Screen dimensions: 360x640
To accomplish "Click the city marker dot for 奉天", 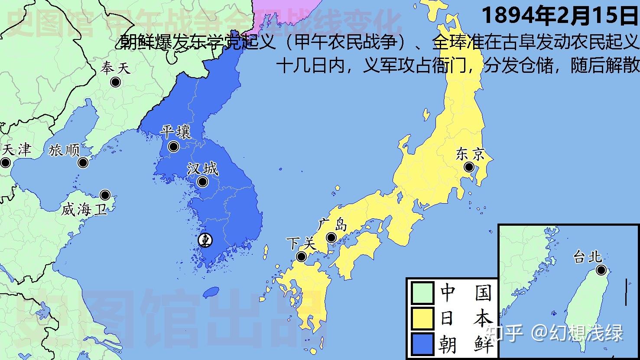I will (x=115, y=82).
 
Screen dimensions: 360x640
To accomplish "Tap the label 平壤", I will (x=175, y=132).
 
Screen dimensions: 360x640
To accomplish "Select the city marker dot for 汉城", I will (x=202, y=182).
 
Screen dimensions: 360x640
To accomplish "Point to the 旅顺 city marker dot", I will (x=83, y=163).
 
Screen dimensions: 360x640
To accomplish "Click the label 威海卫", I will (x=83, y=210).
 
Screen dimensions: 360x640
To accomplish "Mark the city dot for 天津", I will (x=5, y=163).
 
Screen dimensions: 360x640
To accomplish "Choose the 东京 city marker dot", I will (x=468, y=167).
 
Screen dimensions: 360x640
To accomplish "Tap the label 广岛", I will (x=332, y=225).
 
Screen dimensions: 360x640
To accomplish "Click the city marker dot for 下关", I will (x=301, y=257).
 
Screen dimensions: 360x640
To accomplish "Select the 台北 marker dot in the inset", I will (x=601, y=270).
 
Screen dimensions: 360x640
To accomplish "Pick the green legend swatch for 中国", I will (x=422, y=293).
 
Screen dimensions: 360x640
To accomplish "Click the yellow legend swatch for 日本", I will (x=422, y=319).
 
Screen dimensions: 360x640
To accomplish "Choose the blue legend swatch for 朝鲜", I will (x=422, y=344).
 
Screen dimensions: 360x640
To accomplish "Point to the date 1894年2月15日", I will (x=560, y=16).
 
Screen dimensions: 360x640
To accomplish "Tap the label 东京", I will (x=470, y=154).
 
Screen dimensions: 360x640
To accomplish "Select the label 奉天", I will (x=115, y=68).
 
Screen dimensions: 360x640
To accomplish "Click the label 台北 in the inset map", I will (x=588, y=257).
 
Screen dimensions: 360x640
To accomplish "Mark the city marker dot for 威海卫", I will (x=105, y=195).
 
